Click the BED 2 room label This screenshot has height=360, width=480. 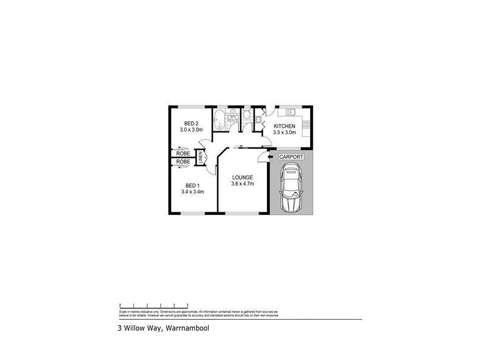pos(191,123)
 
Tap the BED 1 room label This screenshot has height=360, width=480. pos(192,185)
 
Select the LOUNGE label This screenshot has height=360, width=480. pos(242,178)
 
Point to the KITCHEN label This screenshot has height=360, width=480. pos(284,125)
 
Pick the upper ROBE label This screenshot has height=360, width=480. pos(184,153)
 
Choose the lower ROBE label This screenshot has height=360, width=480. pos(184,162)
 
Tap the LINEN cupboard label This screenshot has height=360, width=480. pos(202,158)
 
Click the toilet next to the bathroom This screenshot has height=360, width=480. pos(247,115)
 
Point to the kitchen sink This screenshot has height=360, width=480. pos(293,112)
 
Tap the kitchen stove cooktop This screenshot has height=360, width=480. pos(306,125)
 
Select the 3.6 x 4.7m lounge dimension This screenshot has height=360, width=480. pos(242,184)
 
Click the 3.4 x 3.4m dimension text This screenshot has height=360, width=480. pos(193,192)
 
